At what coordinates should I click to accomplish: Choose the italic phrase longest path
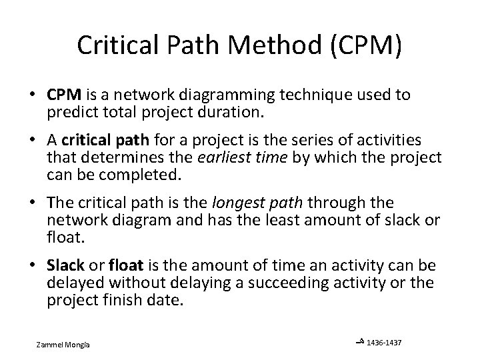(238, 201)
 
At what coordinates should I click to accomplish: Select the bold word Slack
(64, 265)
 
